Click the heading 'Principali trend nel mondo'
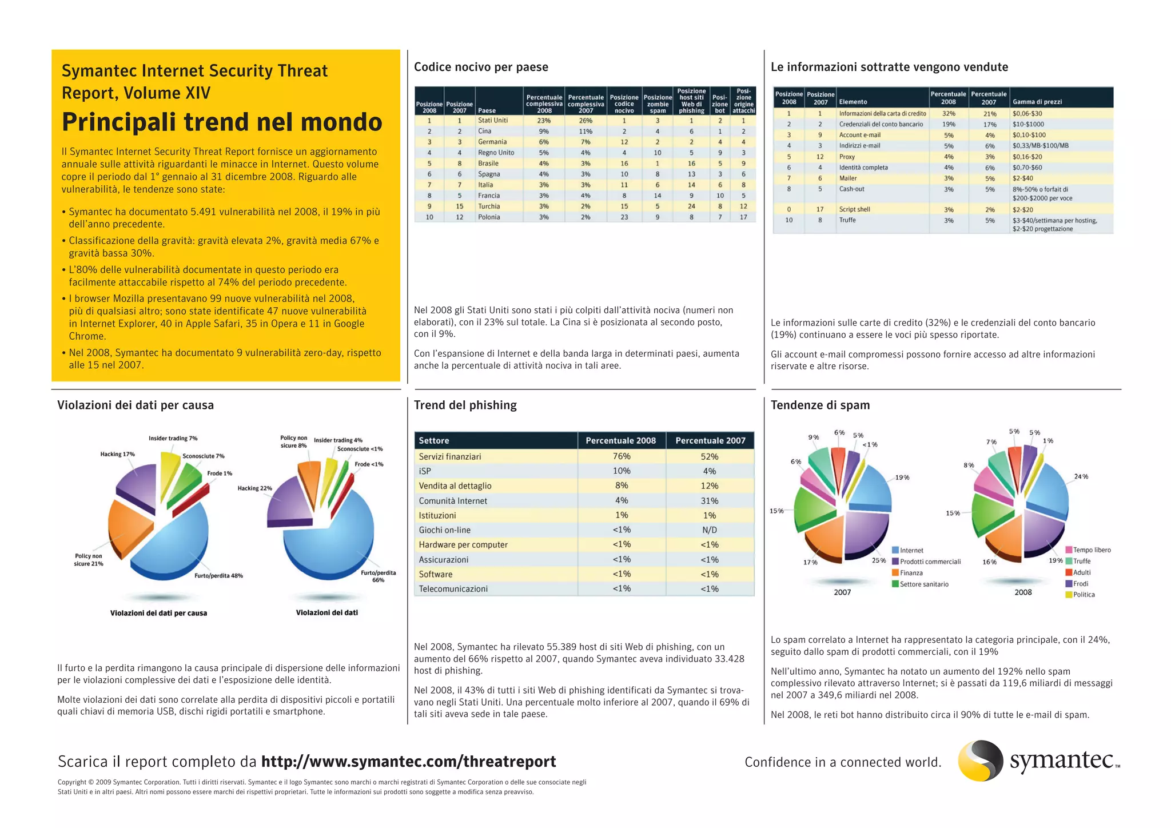pyautogui.click(x=222, y=122)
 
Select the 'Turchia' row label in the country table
pyautogui.click(x=489, y=206)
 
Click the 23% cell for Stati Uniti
pyautogui.click(x=544, y=121)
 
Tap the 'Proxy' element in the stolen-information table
pyautogui.click(x=847, y=157)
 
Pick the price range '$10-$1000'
pyautogui.click(x=1028, y=124)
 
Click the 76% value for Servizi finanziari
pyautogui.click(x=622, y=456)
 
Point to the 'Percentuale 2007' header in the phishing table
pyautogui.click(x=710, y=441)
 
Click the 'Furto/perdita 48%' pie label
pyautogui.click(x=218, y=576)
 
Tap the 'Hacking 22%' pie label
pyautogui.click(x=254, y=488)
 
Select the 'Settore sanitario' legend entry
pyautogui.click(x=923, y=584)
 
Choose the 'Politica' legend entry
pyautogui.click(x=1083, y=595)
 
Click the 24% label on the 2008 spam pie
pyautogui.click(x=1081, y=476)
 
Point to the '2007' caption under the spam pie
pyautogui.click(x=842, y=592)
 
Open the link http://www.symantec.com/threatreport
pyautogui.click(x=408, y=762)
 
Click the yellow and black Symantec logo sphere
pyautogui.click(x=980, y=761)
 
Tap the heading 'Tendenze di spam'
pyautogui.click(x=820, y=405)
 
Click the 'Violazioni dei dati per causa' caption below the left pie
pyautogui.click(x=158, y=613)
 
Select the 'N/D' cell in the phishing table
pyautogui.click(x=710, y=530)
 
